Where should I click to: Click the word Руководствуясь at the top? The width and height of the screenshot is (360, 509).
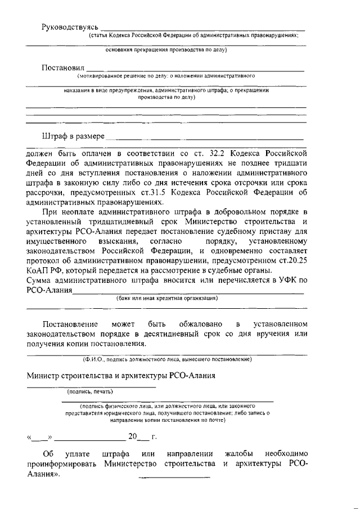click(x=70, y=27)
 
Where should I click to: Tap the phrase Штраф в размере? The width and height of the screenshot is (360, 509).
click(x=73, y=136)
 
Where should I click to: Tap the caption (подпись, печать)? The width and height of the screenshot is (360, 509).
click(x=90, y=391)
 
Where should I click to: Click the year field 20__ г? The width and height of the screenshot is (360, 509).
click(x=142, y=436)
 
